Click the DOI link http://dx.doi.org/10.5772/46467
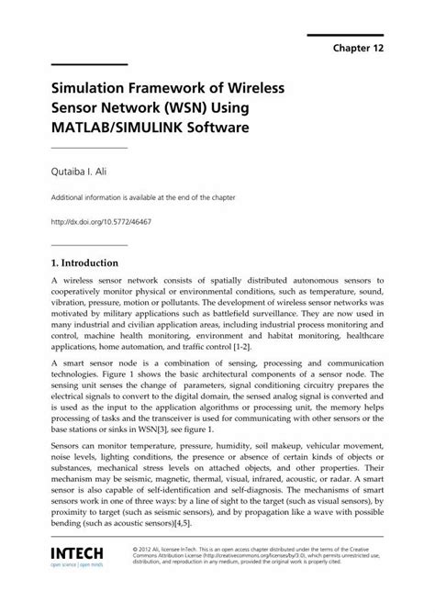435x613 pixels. coord(106,223)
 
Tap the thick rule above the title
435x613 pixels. coord(88,64)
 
